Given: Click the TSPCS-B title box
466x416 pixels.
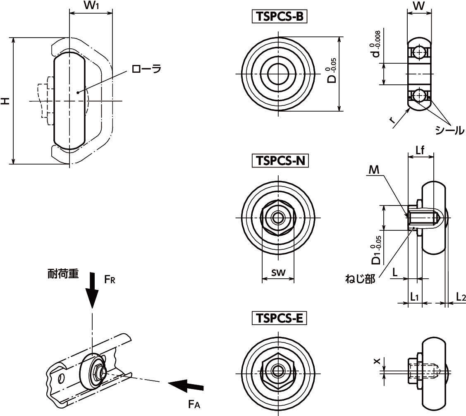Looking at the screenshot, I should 279,17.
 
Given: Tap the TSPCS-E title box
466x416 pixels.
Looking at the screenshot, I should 279,318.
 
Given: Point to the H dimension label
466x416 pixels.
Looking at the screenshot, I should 5,100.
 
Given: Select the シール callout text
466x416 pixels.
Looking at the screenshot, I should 449,130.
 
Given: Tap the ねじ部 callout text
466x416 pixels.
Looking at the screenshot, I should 360,280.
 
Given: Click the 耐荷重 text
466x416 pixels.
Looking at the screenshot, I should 62,274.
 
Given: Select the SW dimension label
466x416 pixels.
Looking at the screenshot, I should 278,273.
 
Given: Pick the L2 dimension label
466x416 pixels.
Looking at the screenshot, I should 461,296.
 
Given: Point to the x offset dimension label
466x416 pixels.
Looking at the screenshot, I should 376,361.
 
